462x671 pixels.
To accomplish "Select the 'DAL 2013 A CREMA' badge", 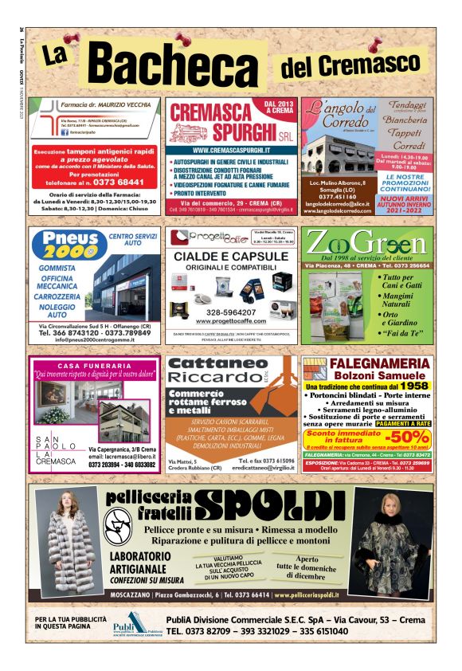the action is click(x=280, y=108).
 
